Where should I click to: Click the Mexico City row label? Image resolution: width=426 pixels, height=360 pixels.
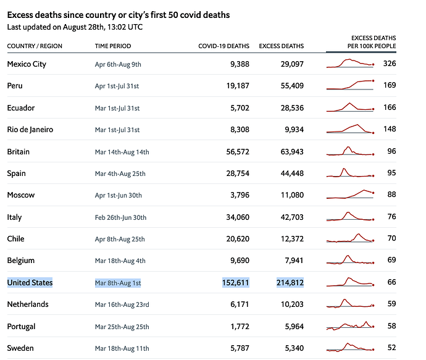click(x=27, y=64)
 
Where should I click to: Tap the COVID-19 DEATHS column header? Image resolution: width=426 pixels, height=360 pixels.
click(x=223, y=46)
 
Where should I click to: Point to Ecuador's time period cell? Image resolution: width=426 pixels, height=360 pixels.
click(x=117, y=108)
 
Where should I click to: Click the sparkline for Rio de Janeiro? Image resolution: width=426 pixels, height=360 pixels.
click(x=350, y=129)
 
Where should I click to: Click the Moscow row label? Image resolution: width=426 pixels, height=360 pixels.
click(x=21, y=195)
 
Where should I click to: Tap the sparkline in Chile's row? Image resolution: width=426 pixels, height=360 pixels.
click(x=350, y=238)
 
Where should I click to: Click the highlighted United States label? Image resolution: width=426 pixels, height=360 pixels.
click(x=30, y=283)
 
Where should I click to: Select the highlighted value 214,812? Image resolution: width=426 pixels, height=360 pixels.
click(x=290, y=283)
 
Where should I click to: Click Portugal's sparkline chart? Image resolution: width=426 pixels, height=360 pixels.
click(x=350, y=325)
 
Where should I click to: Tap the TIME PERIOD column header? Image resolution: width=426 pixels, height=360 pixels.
click(x=113, y=46)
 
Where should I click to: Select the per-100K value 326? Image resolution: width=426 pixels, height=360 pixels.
click(x=389, y=64)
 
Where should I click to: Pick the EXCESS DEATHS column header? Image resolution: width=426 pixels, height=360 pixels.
click(x=281, y=46)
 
